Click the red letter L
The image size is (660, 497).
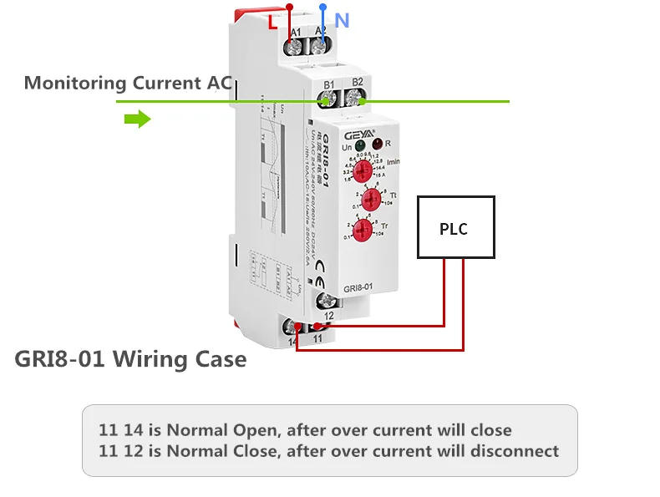coord(272,23)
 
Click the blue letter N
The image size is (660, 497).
coord(342,20)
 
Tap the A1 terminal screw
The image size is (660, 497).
coord(295,49)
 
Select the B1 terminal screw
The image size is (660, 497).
coord(327,101)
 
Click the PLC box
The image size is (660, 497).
coord(456,227)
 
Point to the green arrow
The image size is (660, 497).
coord(137,120)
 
